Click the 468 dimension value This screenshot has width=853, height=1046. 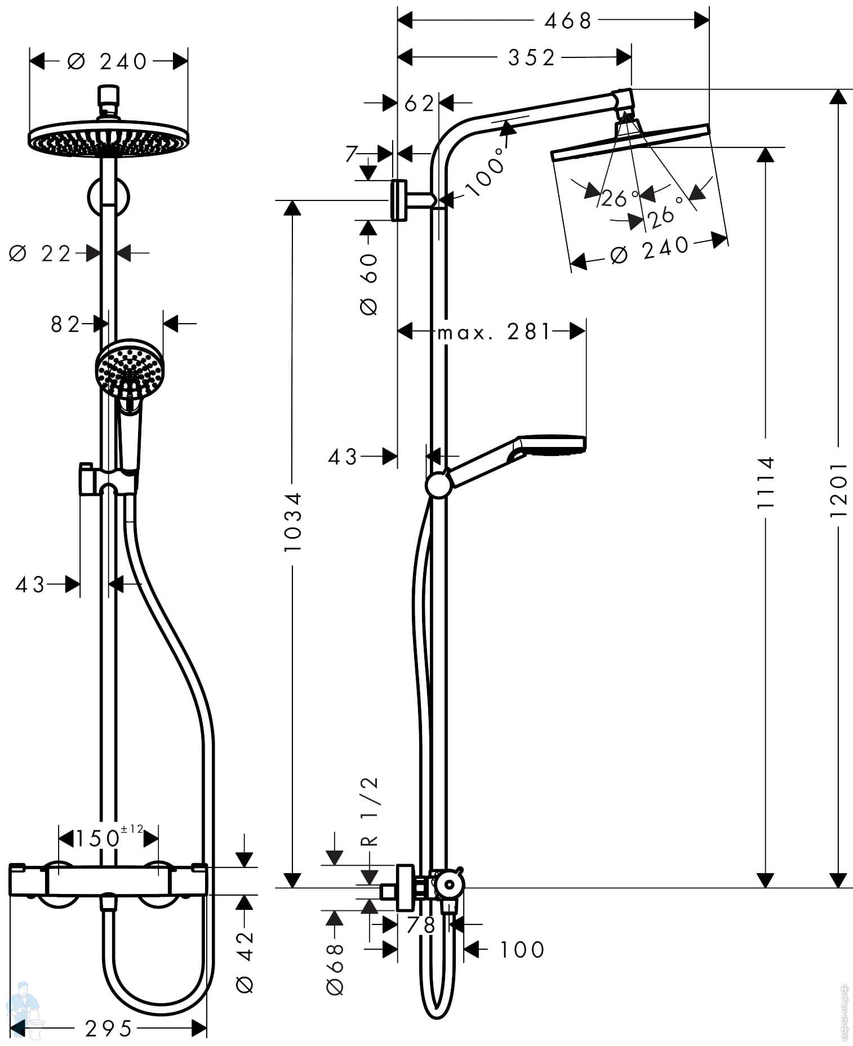point(568,21)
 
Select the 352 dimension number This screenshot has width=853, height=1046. point(531,57)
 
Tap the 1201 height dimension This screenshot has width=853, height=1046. point(839,489)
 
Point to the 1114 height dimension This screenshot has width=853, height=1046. point(765,482)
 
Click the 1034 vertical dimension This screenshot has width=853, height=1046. point(292,521)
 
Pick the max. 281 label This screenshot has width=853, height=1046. point(494,332)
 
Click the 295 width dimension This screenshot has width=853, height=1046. point(109,1029)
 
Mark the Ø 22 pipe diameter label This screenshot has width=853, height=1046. point(41,254)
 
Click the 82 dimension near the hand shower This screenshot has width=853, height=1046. point(65,324)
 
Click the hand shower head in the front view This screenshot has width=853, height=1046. point(130,369)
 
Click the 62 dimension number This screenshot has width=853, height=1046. point(419,104)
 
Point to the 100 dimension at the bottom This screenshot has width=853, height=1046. point(522,950)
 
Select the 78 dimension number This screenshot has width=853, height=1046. point(422,925)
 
